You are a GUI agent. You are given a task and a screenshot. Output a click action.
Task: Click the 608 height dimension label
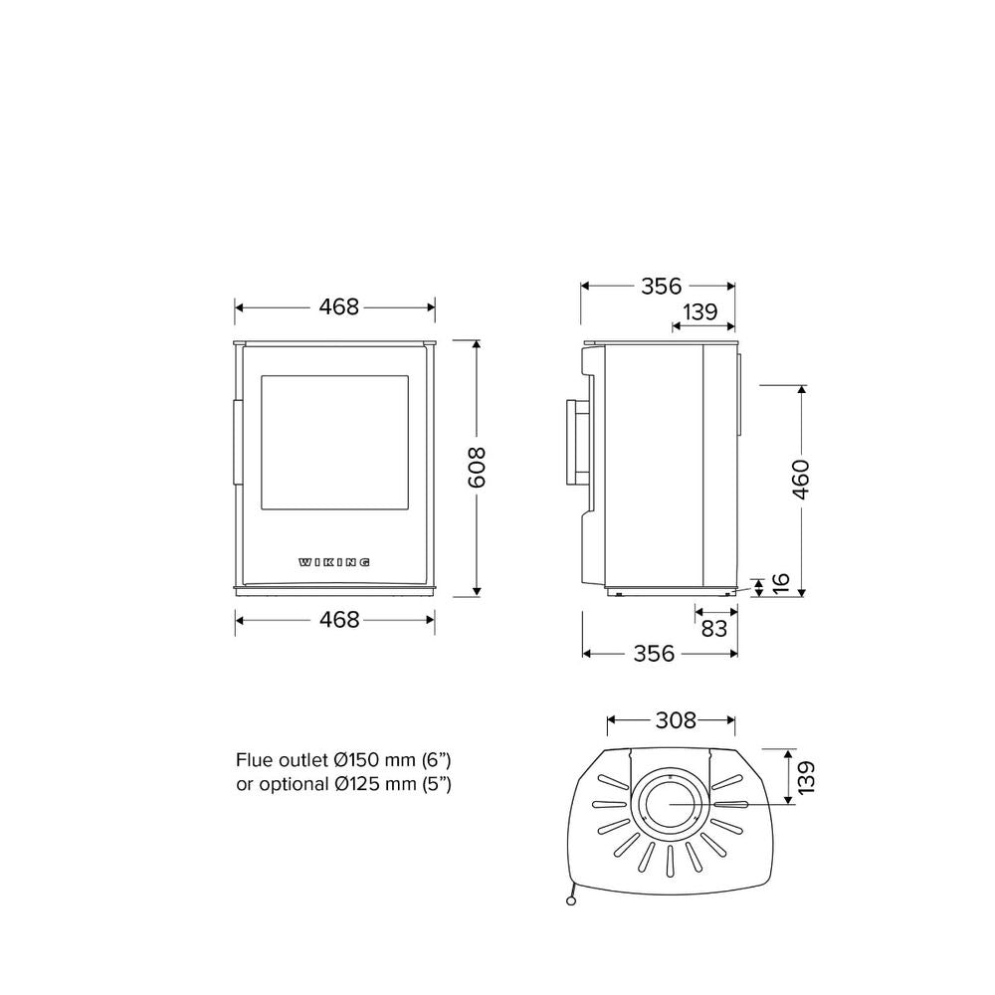click(476, 467)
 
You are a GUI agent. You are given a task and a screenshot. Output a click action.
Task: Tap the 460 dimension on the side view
click(801, 480)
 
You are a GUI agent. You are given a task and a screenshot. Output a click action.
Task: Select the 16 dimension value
click(781, 582)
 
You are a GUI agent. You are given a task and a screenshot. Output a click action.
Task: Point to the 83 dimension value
click(713, 628)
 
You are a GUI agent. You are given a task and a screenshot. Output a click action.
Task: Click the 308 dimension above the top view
click(676, 720)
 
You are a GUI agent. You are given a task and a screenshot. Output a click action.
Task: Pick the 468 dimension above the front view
click(339, 307)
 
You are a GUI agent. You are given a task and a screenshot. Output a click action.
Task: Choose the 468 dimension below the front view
click(339, 619)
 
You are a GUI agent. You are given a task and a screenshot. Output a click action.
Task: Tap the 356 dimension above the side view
click(661, 287)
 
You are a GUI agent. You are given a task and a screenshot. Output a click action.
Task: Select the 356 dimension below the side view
click(655, 653)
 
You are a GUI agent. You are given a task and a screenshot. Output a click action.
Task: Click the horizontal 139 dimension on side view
click(700, 311)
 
